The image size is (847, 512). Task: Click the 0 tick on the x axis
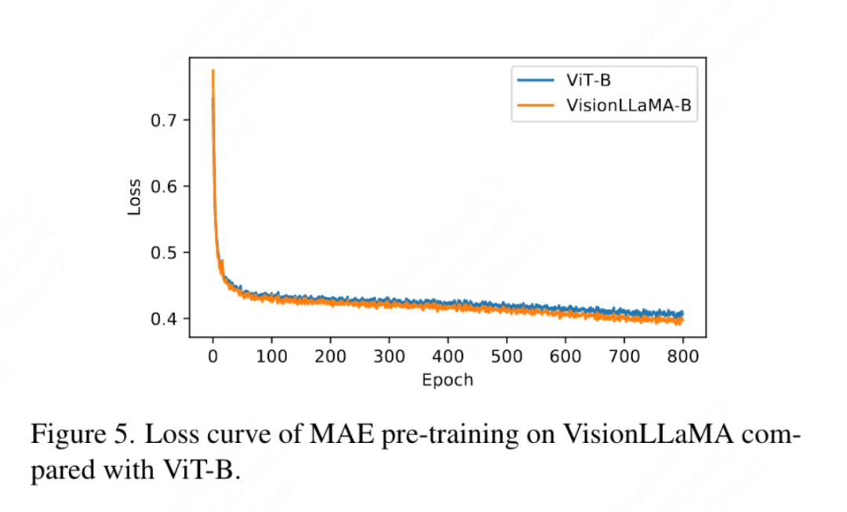point(213,357)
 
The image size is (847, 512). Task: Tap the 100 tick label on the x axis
point(271,357)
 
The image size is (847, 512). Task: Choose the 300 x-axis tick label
point(389,357)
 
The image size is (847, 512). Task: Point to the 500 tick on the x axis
point(507,357)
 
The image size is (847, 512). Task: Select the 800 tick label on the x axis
point(682,357)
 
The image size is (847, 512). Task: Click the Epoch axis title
point(447,380)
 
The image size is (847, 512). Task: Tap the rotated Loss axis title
point(135,198)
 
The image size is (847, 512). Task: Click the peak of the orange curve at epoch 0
point(213,71)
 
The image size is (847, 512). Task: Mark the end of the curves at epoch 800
point(682,317)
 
